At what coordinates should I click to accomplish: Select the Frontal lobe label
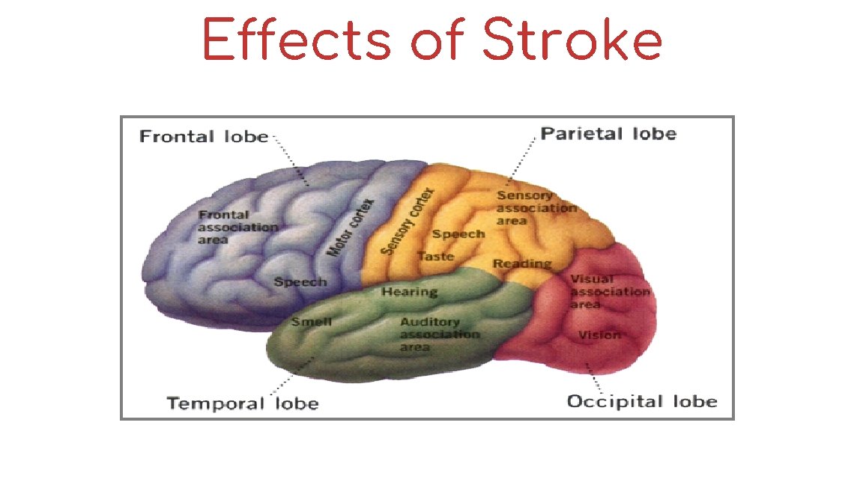[x=204, y=136]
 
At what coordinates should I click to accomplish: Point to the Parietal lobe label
[x=608, y=134]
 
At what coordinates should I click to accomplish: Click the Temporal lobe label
[x=243, y=404]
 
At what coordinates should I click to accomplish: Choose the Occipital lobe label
[x=642, y=401]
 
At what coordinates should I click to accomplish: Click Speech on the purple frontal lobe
[x=300, y=282]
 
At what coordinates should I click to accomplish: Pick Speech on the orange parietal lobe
[x=458, y=234]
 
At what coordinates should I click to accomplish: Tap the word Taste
[x=435, y=256]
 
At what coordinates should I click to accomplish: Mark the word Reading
[x=522, y=263]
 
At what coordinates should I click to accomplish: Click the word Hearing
[x=409, y=291]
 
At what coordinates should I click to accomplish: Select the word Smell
[x=312, y=322]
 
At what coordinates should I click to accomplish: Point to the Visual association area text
[x=608, y=291]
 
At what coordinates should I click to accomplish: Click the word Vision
[x=599, y=335]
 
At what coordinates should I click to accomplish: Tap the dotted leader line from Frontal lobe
[x=292, y=160]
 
